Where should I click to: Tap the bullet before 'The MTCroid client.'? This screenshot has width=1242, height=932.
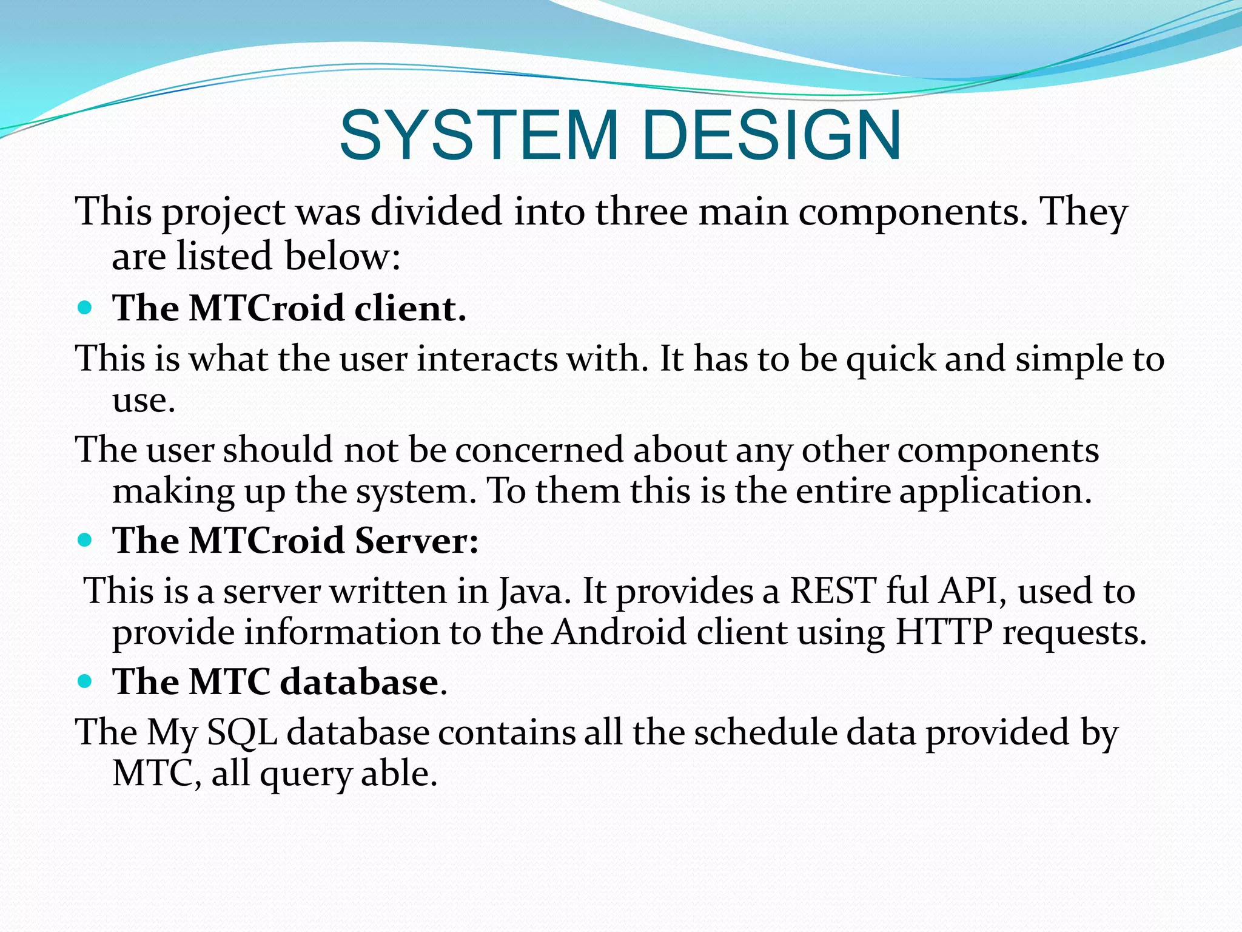click(86, 308)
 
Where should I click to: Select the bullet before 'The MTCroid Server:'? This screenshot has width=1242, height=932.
click(86, 539)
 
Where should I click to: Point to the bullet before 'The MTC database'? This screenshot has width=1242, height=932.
click(86, 681)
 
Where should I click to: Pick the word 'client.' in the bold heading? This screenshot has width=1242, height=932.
click(410, 308)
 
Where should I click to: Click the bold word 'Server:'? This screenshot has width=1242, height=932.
click(417, 539)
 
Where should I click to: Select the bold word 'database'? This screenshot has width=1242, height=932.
click(359, 681)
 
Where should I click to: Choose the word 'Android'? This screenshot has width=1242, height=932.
click(619, 632)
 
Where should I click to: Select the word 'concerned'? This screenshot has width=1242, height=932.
click(539, 450)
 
